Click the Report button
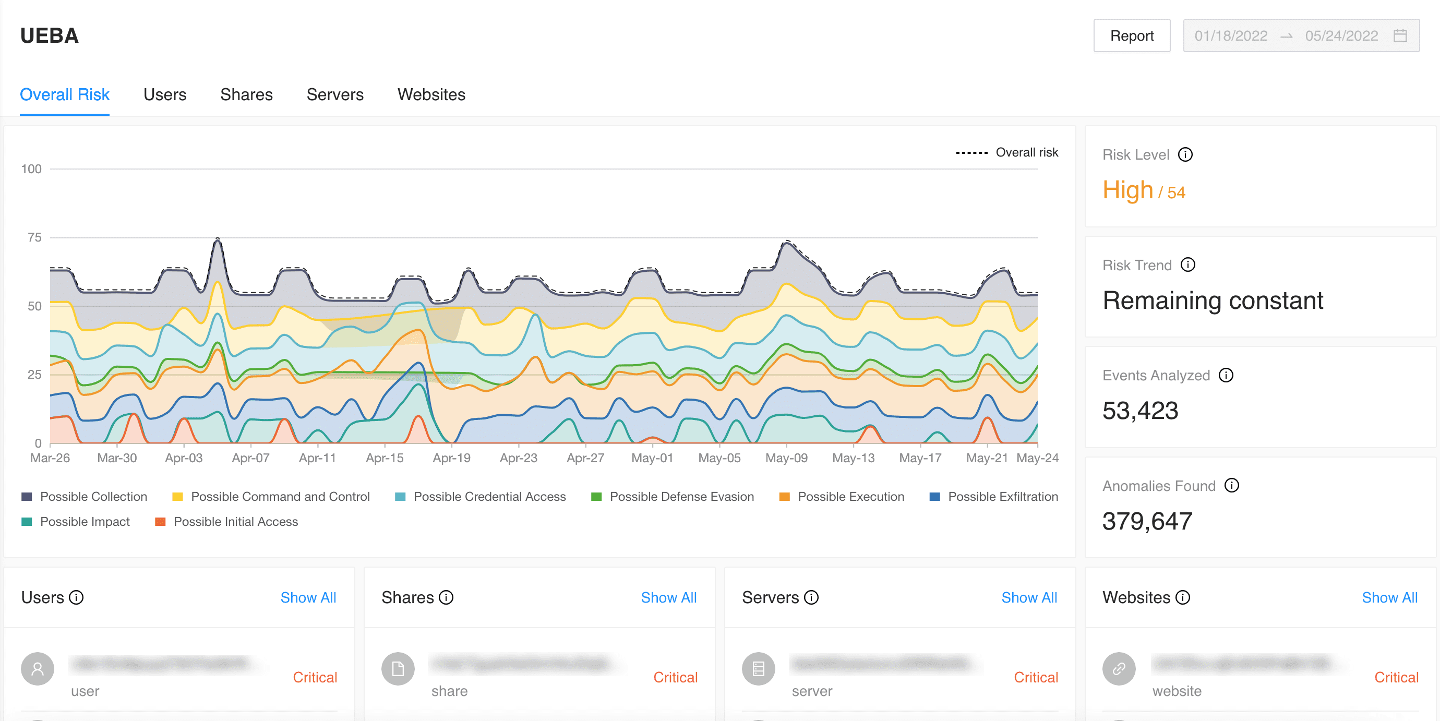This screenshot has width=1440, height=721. (x=1132, y=36)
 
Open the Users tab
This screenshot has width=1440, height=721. (x=164, y=94)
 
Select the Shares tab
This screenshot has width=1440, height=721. (x=246, y=94)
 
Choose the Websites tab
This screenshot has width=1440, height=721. (x=431, y=94)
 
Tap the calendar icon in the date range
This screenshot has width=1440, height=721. (x=1400, y=36)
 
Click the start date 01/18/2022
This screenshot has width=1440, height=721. (x=1230, y=36)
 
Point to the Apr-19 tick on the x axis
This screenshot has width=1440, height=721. (x=451, y=458)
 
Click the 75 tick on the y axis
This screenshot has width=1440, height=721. (x=34, y=237)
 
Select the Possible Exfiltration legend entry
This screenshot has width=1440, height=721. (x=993, y=496)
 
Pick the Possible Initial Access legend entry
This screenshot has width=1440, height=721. (x=226, y=522)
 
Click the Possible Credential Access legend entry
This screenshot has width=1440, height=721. (x=480, y=496)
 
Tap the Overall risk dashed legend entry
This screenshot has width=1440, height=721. (x=1007, y=152)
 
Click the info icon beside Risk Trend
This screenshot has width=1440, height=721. (x=1187, y=265)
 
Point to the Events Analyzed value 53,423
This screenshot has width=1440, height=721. (x=1140, y=411)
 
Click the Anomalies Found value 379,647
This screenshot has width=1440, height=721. (x=1147, y=521)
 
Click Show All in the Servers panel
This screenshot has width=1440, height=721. (x=1028, y=597)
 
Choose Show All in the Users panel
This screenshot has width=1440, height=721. (x=308, y=597)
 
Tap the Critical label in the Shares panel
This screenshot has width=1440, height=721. (x=675, y=677)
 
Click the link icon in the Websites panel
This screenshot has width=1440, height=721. (x=1119, y=668)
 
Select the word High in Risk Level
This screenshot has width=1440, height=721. (x=1127, y=190)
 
